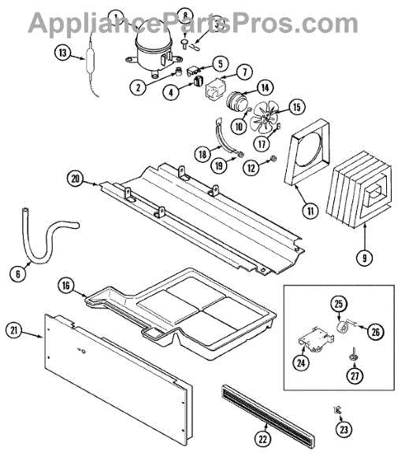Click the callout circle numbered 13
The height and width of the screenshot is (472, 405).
(62, 53)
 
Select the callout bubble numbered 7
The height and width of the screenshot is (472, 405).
(244, 72)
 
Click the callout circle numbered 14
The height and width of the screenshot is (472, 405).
(265, 88)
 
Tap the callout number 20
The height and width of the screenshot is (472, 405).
(75, 179)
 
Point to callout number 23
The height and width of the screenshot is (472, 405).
(344, 430)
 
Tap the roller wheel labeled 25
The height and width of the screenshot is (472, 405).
(342, 327)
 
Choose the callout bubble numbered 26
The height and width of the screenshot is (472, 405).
(375, 332)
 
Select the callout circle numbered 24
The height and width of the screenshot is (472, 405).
(301, 363)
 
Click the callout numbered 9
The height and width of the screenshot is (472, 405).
(364, 258)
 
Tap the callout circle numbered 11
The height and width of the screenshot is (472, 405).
(310, 211)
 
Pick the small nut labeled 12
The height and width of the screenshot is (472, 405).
(273, 158)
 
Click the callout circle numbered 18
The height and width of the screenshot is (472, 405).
(202, 154)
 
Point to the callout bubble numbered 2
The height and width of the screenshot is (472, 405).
(138, 87)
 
